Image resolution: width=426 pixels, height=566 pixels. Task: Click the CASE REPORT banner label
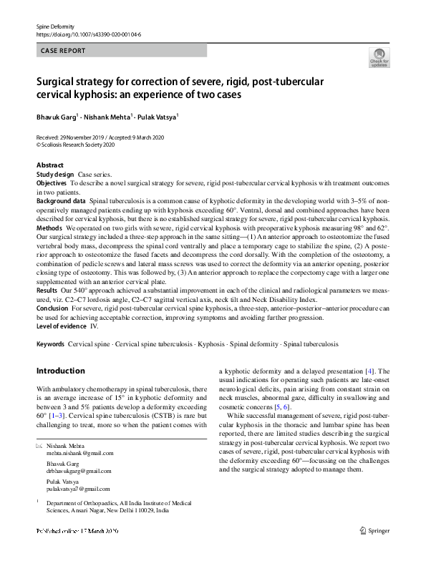point(64,51)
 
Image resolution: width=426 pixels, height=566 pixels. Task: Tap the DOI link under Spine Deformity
point(88,33)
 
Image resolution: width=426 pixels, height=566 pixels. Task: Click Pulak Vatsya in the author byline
point(158,117)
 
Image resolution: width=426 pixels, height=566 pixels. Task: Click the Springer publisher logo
point(374,532)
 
